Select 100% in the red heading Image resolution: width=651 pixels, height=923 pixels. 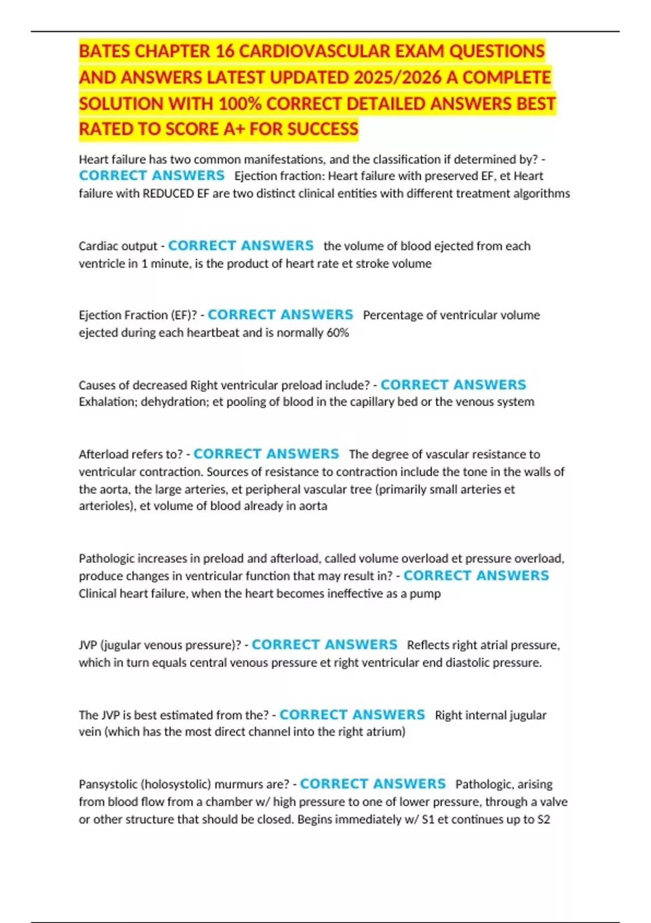pos(240,103)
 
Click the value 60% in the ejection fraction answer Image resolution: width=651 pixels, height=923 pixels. pos(337,333)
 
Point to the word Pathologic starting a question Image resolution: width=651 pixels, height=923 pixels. pos(106,559)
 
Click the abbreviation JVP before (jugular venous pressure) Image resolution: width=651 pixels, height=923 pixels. pos(88,646)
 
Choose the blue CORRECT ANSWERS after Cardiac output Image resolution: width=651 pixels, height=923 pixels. pos(241,246)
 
